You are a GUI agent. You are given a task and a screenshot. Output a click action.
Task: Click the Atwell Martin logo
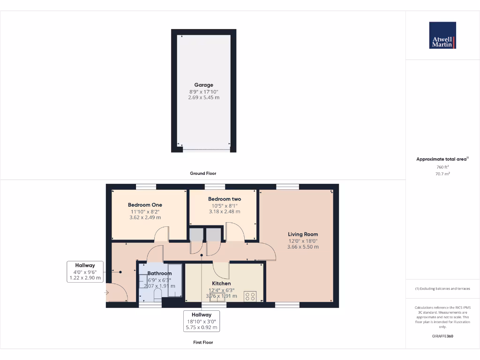coord(442,35)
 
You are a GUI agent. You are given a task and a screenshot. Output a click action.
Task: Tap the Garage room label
coord(204,85)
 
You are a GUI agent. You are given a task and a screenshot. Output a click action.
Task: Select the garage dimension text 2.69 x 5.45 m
coord(204,97)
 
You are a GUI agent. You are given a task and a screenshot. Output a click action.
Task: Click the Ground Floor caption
coord(203,173)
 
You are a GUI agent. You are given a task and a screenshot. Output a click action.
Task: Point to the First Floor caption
coord(203,343)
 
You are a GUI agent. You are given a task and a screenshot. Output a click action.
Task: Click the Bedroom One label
coord(145,205)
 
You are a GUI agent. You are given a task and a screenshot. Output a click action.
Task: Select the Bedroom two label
coord(225,199)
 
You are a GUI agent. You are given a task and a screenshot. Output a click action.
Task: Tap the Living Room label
coord(303,234)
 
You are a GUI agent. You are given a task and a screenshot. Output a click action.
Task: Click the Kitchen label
coord(221,284)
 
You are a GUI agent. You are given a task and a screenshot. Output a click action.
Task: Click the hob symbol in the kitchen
coord(250,296)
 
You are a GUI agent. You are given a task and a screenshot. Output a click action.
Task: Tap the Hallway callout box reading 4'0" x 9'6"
coord(84,272)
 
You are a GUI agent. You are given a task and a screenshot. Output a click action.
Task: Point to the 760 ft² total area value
coord(442,167)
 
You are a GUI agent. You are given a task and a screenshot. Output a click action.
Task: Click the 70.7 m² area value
coord(442,173)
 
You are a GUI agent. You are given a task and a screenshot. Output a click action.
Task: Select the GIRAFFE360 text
coord(442,336)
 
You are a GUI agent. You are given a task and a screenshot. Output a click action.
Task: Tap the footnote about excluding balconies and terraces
coord(442,289)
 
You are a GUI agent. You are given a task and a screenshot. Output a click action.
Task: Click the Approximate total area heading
coord(442,159)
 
